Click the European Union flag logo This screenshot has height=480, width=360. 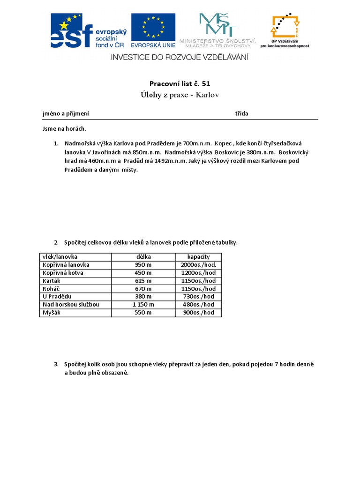tap(153, 30)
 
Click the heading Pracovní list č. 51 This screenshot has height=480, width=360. tap(180, 83)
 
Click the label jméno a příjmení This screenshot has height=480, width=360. tap(66, 113)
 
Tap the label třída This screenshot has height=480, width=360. tap(241, 113)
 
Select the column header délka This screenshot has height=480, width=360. tap(143, 257)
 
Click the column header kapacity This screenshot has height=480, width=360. tap(198, 257)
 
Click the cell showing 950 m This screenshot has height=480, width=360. tap(143, 265)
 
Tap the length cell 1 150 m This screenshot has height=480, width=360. tap(143, 305)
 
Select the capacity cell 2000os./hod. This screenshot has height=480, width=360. tap(198, 265)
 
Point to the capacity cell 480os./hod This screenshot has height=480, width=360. tap(198, 305)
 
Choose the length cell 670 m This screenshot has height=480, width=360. tap(143, 289)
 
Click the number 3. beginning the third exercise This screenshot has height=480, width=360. tap(56, 364)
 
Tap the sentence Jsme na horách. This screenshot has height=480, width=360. tap(64, 129)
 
